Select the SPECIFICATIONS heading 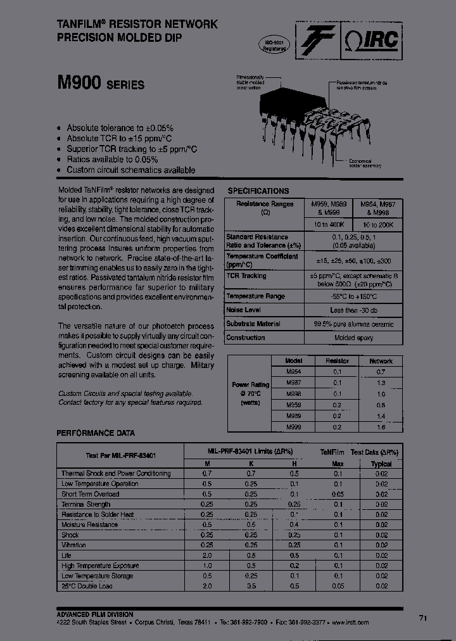[258, 191]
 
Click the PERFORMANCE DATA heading [96, 433]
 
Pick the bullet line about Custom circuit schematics [130, 170]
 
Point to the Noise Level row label [244, 310]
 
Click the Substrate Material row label [253, 324]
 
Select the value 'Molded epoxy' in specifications [353, 338]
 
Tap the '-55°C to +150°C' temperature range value [353, 296]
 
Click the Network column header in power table [381, 361]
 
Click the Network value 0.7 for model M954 [381, 372]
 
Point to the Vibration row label [73, 545]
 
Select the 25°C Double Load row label [87, 586]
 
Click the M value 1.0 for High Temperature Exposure [207, 566]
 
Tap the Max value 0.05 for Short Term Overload [338, 494]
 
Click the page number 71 [423, 618]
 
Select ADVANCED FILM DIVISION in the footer [95, 614]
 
